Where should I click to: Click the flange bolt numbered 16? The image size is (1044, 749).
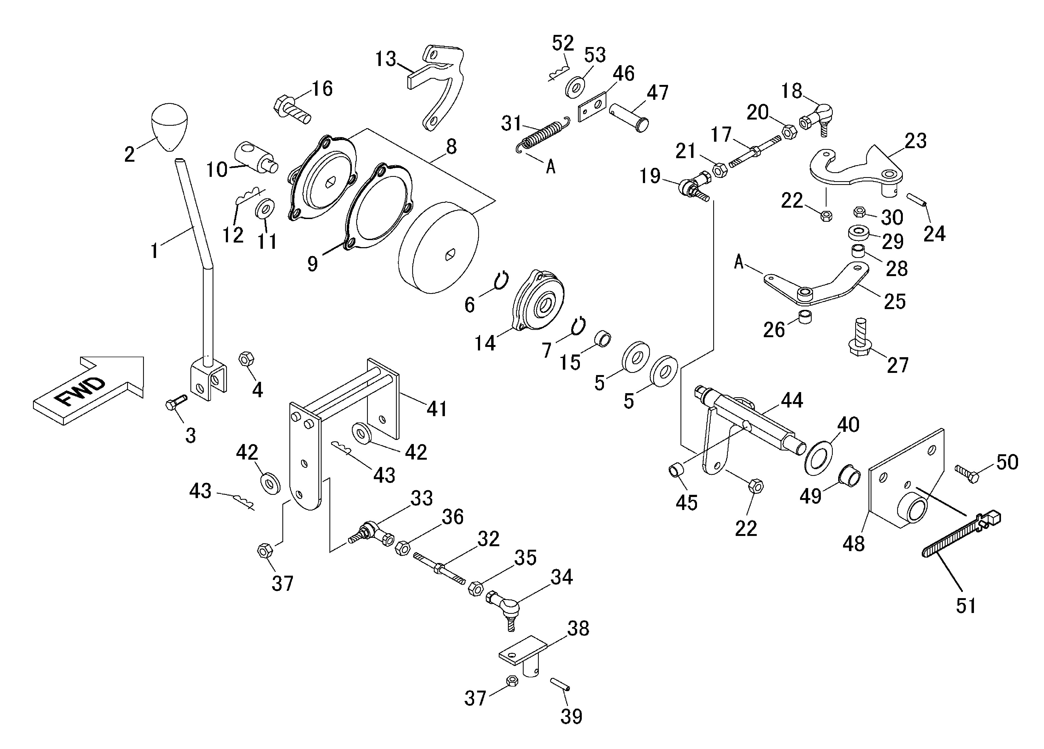click(292, 110)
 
